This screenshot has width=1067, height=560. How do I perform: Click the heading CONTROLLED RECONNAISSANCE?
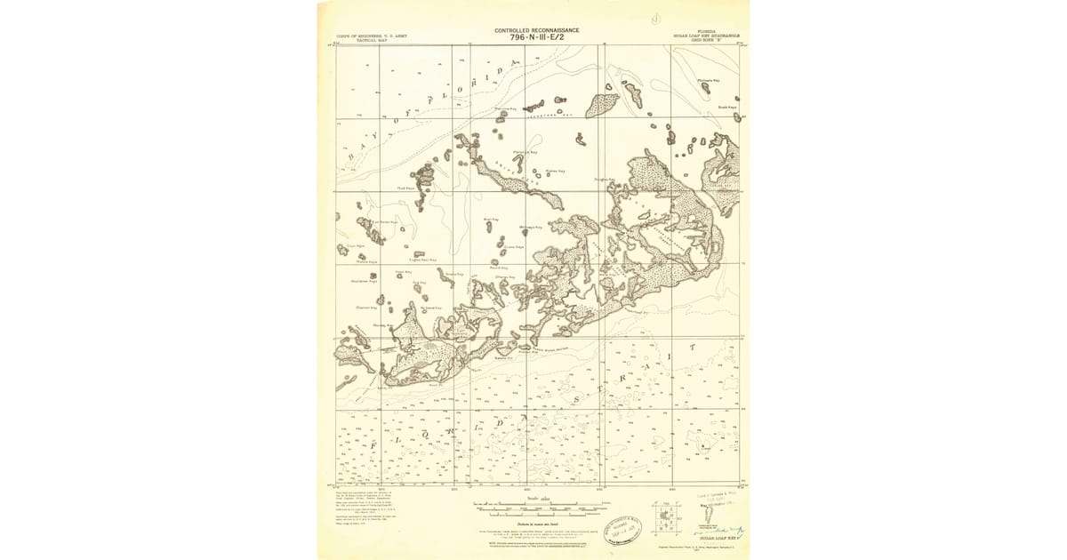pos(536,30)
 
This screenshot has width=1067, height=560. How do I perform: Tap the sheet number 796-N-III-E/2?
pos(536,37)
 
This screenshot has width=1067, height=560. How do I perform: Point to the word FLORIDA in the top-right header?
pos(708,30)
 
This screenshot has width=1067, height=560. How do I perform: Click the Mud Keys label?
pos(406,188)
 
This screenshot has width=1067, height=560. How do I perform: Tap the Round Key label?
pos(499,268)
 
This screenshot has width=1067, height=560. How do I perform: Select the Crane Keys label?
pos(514,247)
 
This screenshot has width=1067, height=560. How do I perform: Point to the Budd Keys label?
pos(727,108)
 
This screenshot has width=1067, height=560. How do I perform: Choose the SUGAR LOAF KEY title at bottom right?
pos(717,538)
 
